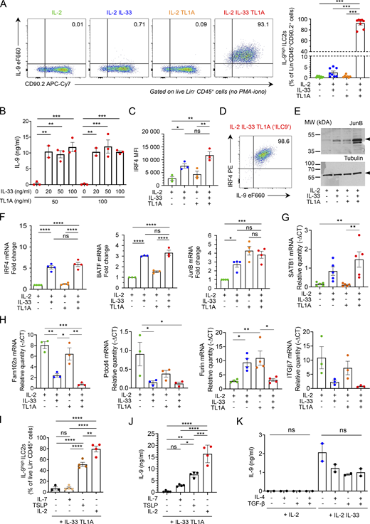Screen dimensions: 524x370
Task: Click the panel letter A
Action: [x=5, y=6]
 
